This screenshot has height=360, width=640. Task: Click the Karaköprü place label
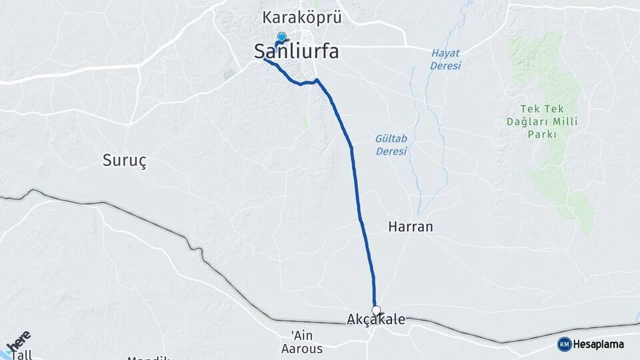click(x=302, y=17)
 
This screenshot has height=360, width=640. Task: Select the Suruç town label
click(x=124, y=160)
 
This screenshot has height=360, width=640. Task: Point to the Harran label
click(x=410, y=227)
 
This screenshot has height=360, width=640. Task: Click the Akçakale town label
click(x=376, y=321)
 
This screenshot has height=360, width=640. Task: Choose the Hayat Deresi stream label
click(x=446, y=59)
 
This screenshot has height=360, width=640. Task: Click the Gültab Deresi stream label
click(x=391, y=145)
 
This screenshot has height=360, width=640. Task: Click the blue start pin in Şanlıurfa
click(x=281, y=38)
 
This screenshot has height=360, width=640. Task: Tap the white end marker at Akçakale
click(x=376, y=310)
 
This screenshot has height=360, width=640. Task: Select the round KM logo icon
click(x=564, y=344)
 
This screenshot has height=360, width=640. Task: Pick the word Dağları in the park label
click(x=535, y=121)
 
